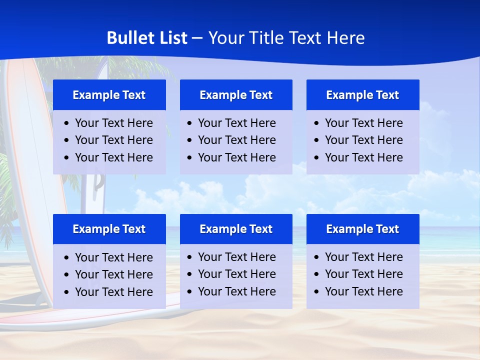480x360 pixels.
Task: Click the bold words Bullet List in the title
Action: pos(147,38)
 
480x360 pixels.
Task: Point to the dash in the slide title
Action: pos(197,38)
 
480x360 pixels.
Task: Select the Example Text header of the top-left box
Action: pos(109,95)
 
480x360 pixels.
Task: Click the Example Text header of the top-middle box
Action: pos(236,95)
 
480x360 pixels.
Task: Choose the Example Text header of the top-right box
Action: pos(362,95)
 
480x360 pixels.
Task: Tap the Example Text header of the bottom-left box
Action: pos(109,229)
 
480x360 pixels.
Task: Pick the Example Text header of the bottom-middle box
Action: pos(236,229)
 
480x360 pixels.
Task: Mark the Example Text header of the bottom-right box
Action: pos(362,229)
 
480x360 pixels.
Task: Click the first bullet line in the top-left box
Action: pos(113,123)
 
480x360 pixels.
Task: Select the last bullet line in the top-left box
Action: pos(113,157)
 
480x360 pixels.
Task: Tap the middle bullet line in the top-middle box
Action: pos(236,140)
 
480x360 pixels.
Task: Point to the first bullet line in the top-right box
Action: pos(363,123)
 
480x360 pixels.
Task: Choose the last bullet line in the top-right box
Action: pos(363,157)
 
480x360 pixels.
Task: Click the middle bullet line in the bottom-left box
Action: pos(113,274)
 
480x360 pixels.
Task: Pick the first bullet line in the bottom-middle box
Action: pos(236,257)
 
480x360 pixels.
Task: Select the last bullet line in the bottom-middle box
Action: pos(236,291)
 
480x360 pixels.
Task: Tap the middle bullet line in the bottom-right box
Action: pos(363,274)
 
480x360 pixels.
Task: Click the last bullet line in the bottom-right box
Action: pos(363,291)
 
